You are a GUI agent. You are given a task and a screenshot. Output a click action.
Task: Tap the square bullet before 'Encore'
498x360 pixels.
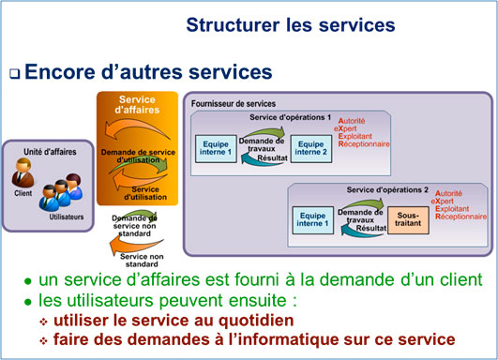coord(14,73)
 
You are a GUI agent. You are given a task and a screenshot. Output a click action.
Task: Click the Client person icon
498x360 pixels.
coord(24,174)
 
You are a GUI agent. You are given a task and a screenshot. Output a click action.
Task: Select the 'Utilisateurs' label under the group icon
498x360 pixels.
coord(68,217)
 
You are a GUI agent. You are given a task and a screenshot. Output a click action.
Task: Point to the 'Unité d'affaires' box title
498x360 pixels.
coord(46,150)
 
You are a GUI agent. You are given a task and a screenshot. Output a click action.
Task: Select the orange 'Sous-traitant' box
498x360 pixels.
coord(406,219)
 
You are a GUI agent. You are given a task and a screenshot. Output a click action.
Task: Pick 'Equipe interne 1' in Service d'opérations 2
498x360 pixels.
coord(313,219)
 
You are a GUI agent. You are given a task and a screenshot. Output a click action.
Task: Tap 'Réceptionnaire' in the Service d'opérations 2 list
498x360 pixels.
coord(460,217)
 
